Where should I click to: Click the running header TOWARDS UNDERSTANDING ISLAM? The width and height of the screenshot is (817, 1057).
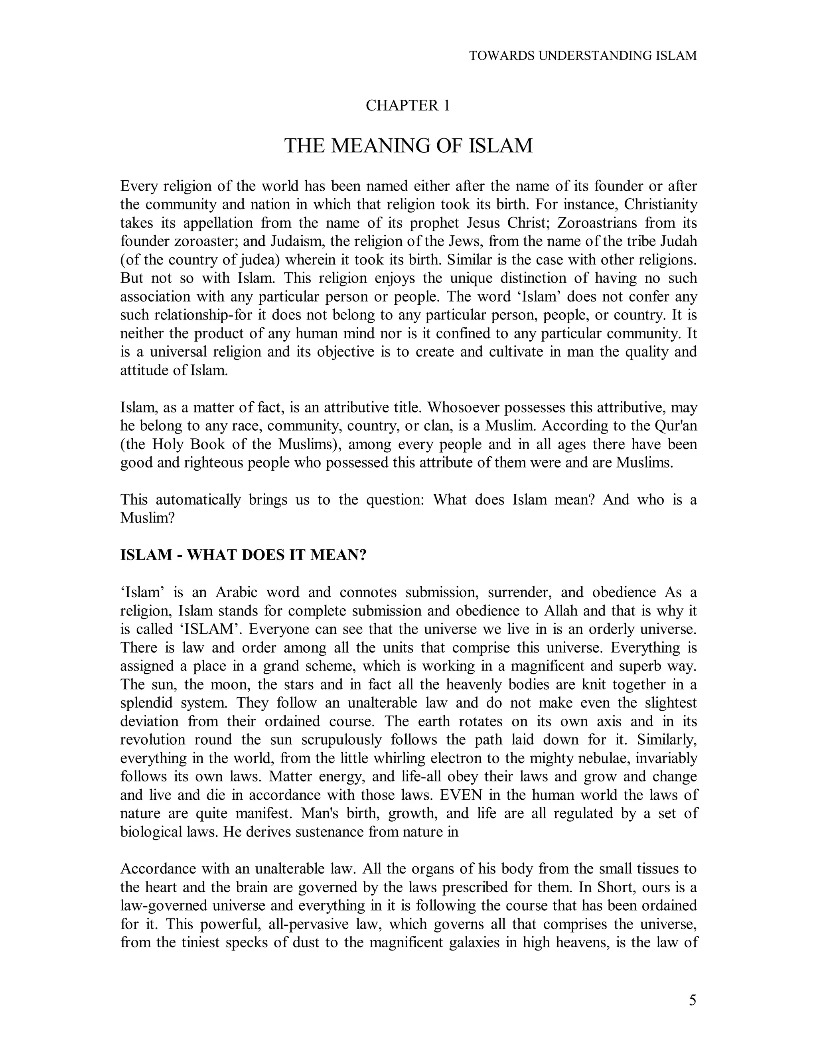click(x=583, y=56)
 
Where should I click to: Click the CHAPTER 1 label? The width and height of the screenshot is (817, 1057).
click(x=408, y=106)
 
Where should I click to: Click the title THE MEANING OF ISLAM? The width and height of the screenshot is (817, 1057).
click(x=408, y=146)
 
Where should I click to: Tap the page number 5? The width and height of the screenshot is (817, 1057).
click(x=693, y=1000)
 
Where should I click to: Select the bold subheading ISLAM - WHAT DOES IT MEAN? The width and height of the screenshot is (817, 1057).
click(x=243, y=555)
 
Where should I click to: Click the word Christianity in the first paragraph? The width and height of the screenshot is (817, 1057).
click(x=660, y=205)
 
